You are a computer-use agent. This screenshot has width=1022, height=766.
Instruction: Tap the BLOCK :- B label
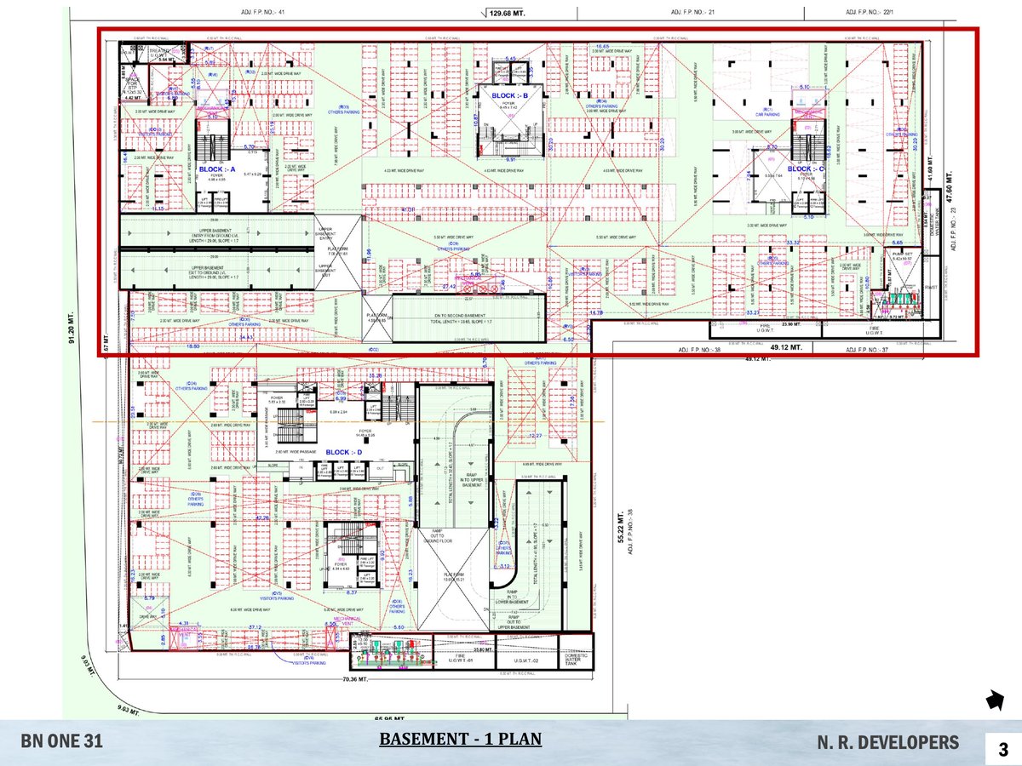coord(510,96)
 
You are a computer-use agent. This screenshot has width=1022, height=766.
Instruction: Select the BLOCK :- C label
coord(807,169)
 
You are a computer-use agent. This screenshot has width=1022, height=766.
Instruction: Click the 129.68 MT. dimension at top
coord(509,12)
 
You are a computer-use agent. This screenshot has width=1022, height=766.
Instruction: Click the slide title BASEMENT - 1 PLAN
coord(460,739)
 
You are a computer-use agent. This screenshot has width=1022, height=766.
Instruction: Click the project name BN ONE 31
coord(62,742)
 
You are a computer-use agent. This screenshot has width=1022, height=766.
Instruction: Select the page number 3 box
coord(1002,749)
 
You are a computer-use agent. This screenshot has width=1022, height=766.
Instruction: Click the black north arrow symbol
coord(994,700)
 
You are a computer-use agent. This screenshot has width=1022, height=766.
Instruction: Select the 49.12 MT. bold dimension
coord(785,347)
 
